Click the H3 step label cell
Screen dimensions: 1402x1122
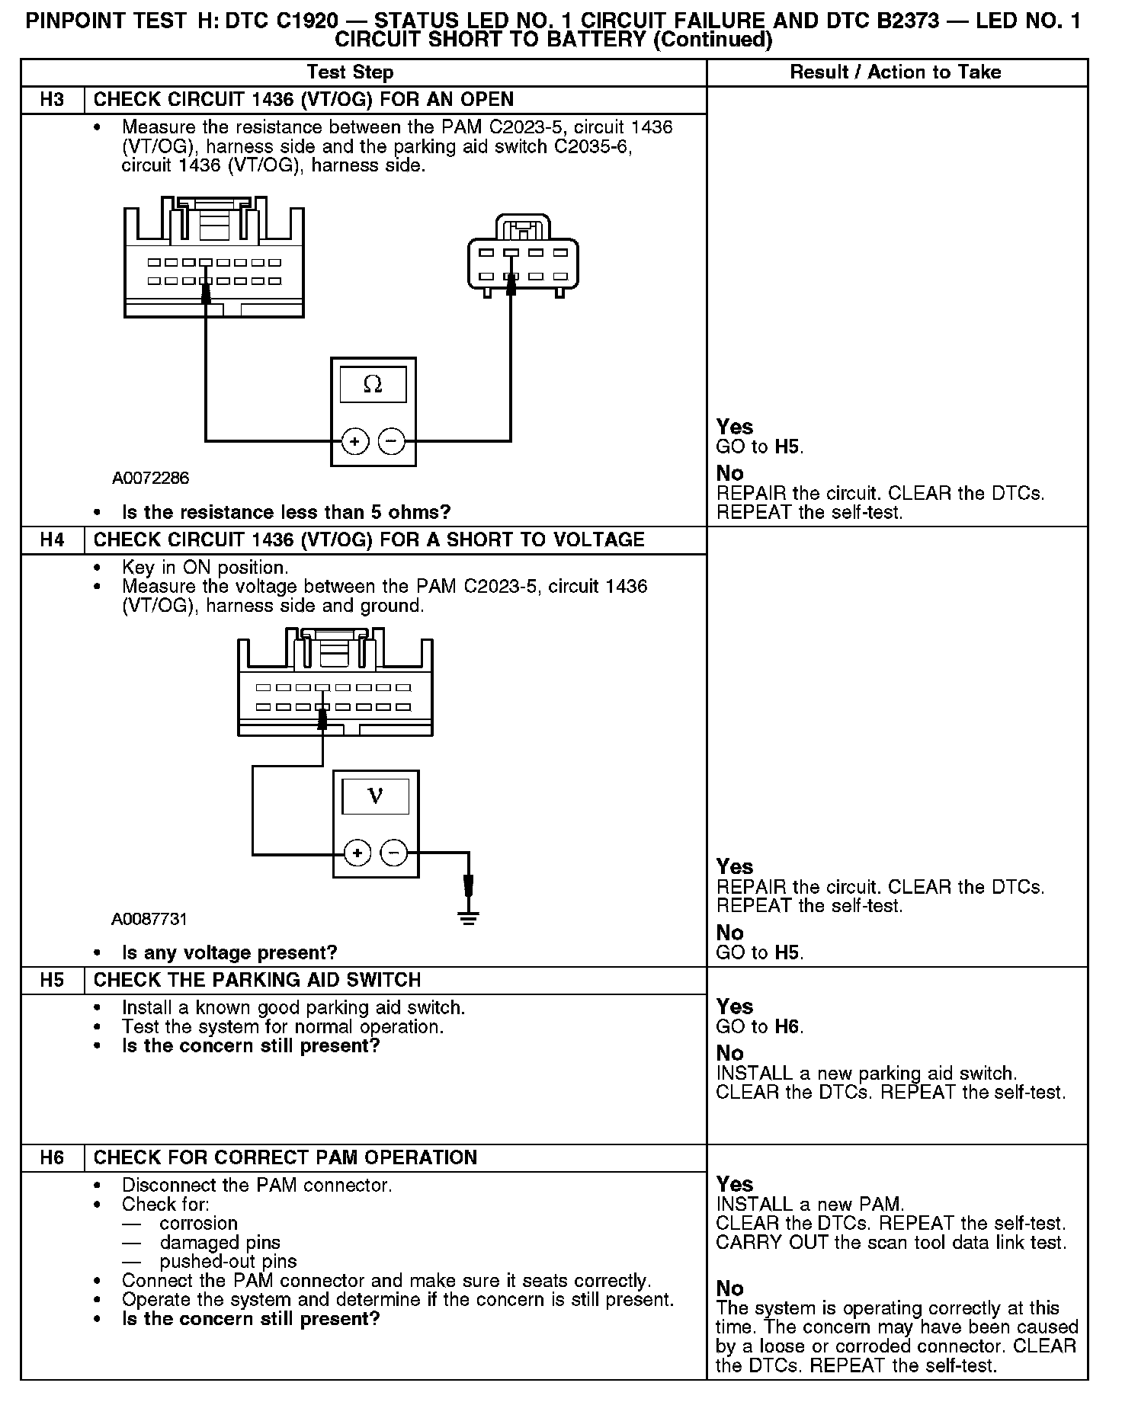tap(52, 100)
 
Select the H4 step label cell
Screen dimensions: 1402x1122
tap(52, 540)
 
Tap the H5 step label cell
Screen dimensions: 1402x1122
tap(52, 980)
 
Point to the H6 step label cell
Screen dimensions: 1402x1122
tap(52, 1157)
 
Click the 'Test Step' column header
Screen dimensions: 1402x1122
tap(350, 72)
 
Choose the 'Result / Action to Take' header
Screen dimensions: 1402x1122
tap(896, 72)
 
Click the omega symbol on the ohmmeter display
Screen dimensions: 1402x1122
tap(373, 385)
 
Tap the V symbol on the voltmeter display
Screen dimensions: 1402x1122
tap(375, 796)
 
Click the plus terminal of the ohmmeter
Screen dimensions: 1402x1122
tap(355, 440)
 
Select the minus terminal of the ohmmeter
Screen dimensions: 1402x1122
tap(392, 440)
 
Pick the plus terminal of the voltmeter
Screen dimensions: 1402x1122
tap(357, 853)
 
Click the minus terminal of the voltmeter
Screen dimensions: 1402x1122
tap(394, 853)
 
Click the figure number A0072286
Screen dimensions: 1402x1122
tap(150, 479)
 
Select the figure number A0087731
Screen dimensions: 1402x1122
tap(149, 919)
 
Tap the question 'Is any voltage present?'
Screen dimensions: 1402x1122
tap(229, 952)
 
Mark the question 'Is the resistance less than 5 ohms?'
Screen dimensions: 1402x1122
tap(286, 512)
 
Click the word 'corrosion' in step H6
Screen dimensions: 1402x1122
tap(199, 1223)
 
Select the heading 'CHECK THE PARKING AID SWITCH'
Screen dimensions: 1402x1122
tap(257, 980)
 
